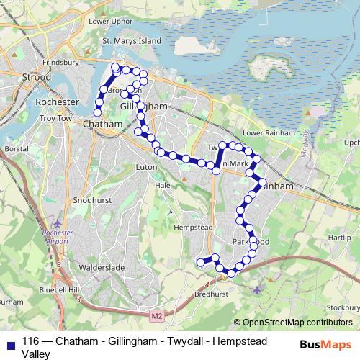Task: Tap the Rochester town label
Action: (56, 102)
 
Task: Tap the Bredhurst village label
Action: (210, 294)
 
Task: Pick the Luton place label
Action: (146, 167)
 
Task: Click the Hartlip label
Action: (340, 236)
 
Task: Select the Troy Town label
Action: (58, 117)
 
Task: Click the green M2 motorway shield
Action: (158, 315)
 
